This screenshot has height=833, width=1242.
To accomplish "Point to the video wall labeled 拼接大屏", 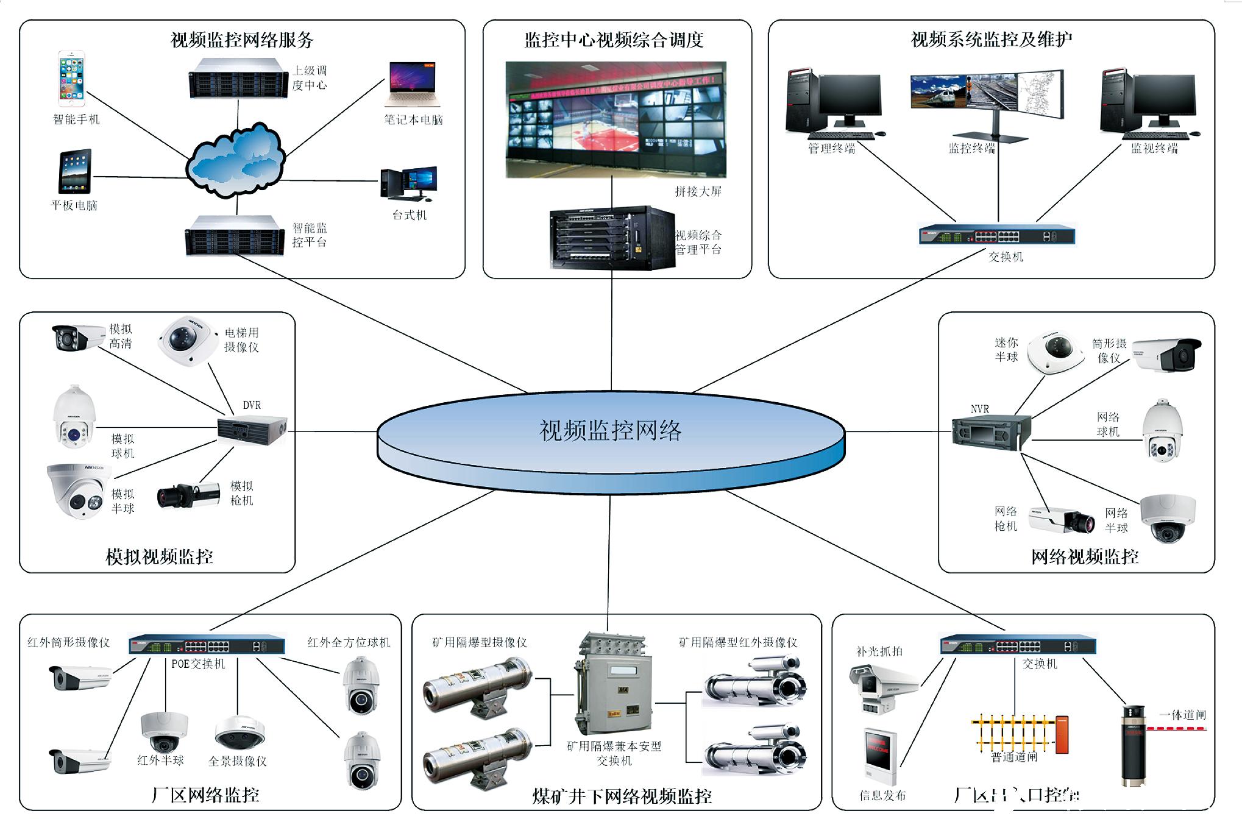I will [x=616, y=119].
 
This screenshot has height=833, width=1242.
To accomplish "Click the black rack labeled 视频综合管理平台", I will [x=611, y=238].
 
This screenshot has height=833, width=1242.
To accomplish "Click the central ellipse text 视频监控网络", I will [x=611, y=431].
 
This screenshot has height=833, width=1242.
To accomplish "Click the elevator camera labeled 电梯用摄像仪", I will [x=188, y=339].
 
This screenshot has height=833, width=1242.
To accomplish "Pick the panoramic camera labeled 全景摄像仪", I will [x=240, y=733].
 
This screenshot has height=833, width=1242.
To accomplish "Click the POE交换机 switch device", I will [x=207, y=645].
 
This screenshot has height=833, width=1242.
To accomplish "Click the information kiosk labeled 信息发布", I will [x=880, y=756].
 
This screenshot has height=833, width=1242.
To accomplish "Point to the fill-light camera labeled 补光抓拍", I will [x=884, y=686].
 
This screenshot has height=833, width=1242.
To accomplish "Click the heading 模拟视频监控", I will [x=159, y=556].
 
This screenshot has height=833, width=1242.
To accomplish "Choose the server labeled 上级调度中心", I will [x=238, y=78].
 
